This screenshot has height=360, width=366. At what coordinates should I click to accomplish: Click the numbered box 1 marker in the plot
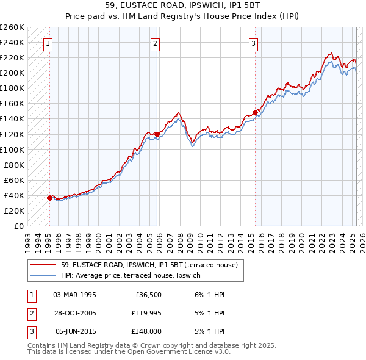[x=48, y=43]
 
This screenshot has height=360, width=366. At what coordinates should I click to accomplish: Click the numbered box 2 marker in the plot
[x=156, y=43]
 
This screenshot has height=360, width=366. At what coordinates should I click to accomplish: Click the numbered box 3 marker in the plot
[x=253, y=43]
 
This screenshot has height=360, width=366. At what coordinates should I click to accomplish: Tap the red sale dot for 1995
[x=49, y=198]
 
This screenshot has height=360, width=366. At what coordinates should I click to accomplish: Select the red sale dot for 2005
[x=157, y=134]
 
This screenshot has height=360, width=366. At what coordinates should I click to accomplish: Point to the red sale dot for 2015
[x=255, y=112]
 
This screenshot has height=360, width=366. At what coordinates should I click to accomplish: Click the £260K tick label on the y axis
[x=12, y=27]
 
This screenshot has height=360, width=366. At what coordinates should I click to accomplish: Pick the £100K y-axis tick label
[x=12, y=149]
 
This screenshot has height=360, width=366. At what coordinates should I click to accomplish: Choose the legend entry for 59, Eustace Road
[x=152, y=265]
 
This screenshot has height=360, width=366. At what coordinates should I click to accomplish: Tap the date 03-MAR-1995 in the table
[x=74, y=295]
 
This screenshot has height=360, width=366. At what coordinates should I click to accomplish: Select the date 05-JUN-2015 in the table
[x=76, y=331]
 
